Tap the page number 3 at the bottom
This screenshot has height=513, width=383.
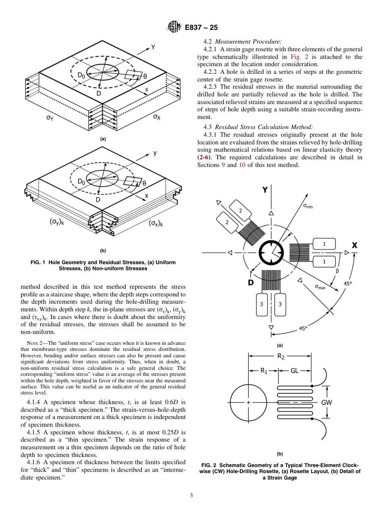191,495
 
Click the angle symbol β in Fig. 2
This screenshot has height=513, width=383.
337,271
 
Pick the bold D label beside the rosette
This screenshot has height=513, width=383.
250,283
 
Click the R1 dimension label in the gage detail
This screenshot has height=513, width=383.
263,371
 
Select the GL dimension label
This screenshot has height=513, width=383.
295,371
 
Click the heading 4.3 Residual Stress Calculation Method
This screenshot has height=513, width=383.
258,127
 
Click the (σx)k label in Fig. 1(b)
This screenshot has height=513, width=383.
156,223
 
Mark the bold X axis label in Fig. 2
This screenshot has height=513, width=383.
354,245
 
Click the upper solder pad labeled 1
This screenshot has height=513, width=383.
324,244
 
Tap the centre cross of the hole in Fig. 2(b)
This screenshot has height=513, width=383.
248,402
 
